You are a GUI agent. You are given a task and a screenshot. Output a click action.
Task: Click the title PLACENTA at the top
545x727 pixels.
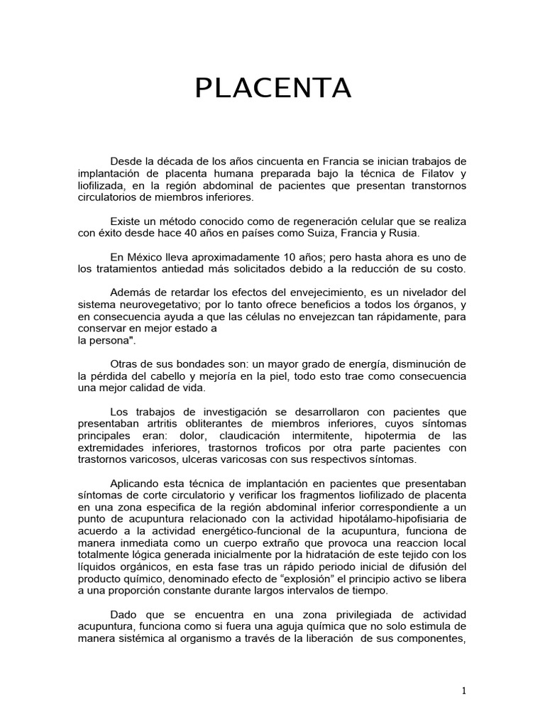[273, 88]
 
